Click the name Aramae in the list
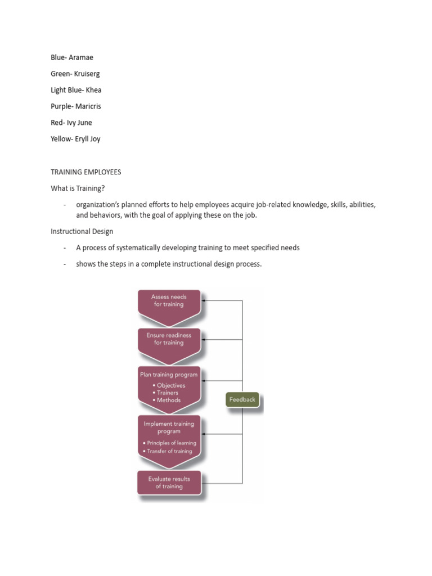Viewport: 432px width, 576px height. pyautogui.click(x=81, y=57)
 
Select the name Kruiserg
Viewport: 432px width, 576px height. pyautogui.click(x=87, y=74)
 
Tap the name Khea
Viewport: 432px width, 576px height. pyautogui.click(x=94, y=90)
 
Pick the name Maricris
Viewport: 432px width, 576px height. pyautogui.click(x=88, y=106)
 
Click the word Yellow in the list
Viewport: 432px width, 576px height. pyautogui.click(x=61, y=139)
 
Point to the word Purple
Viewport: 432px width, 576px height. pyautogui.click(x=61, y=106)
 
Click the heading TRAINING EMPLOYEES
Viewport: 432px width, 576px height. pyautogui.click(x=86, y=172)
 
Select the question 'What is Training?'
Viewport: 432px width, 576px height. pyautogui.click(x=78, y=188)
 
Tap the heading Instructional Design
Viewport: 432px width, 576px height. pyautogui.click(x=82, y=231)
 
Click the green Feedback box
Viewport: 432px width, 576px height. pyautogui.click(x=242, y=400)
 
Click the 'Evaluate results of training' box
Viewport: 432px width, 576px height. pyautogui.click(x=169, y=483)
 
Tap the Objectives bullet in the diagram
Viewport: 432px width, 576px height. pyautogui.click(x=169, y=385)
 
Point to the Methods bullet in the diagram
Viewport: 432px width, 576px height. pyautogui.click(x=166, y=400)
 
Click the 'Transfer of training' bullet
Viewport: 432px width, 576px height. pyautogui.click(x=168, y=451)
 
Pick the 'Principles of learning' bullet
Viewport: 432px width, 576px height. pyautogui.click(x=170, y=443)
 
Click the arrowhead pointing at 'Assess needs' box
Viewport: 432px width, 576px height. pyautogui.click(x=204, y=300)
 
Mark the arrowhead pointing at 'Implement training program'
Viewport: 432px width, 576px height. pyautogui.click(x=204, y=434)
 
